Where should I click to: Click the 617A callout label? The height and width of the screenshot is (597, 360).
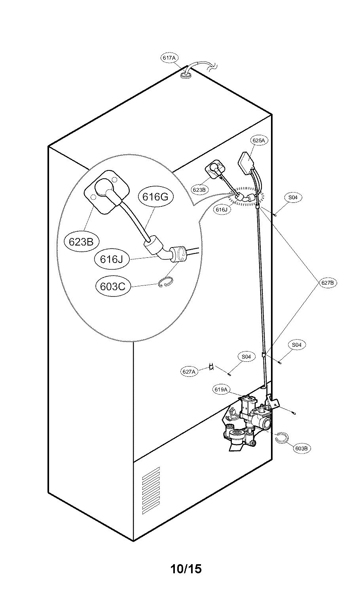169,58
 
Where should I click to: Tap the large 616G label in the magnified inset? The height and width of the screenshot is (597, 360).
155,196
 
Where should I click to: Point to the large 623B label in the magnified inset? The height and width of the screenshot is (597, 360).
81,242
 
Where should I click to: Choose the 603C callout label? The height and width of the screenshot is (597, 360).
113,286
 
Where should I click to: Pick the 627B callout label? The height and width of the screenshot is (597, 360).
328,283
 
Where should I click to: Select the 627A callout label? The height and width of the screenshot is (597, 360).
189,371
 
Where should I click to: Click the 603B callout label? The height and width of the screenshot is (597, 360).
301,448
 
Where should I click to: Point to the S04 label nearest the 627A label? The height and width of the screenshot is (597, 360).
246,356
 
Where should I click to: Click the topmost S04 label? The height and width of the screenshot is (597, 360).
292,197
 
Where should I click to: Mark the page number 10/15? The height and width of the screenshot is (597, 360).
186,569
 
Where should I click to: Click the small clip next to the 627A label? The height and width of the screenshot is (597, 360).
212,367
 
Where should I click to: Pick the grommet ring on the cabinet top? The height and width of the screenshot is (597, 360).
186,74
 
